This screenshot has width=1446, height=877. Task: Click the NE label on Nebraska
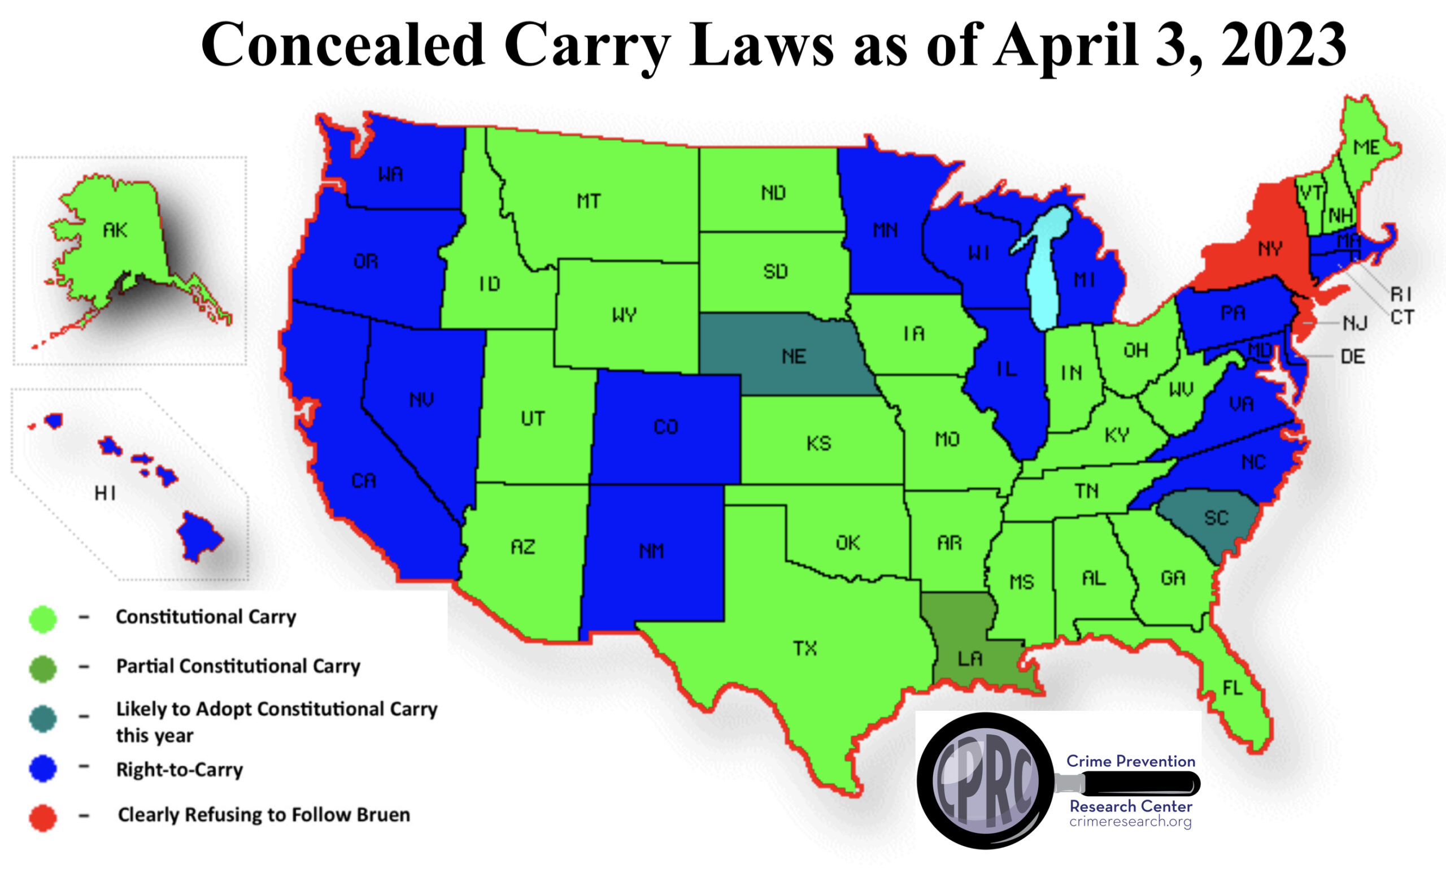coord(794,357)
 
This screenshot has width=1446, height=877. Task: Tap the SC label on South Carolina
coord(1216,518)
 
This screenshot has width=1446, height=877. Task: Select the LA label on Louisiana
coord(969,659)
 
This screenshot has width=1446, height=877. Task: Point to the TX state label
coord(804,648)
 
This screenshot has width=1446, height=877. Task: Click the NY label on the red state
coord(1270,249)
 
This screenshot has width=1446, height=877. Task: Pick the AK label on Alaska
coord(115,230)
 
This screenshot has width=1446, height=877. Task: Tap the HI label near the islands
coord(105,493)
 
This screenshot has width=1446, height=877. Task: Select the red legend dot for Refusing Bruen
coord(43,818)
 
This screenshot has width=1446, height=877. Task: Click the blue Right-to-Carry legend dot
coord(43,769)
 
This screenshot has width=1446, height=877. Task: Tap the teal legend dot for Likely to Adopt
coord(43,719)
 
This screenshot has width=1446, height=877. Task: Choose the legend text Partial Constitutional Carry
coord(238,666)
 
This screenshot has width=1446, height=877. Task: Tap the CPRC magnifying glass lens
coord(985,781)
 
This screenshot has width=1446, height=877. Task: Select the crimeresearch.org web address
coord(1130,821)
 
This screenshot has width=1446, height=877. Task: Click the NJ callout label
coord(1355,323)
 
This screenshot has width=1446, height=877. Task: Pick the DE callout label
coord(1352,357)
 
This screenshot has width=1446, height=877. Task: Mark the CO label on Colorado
coord(665,427)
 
